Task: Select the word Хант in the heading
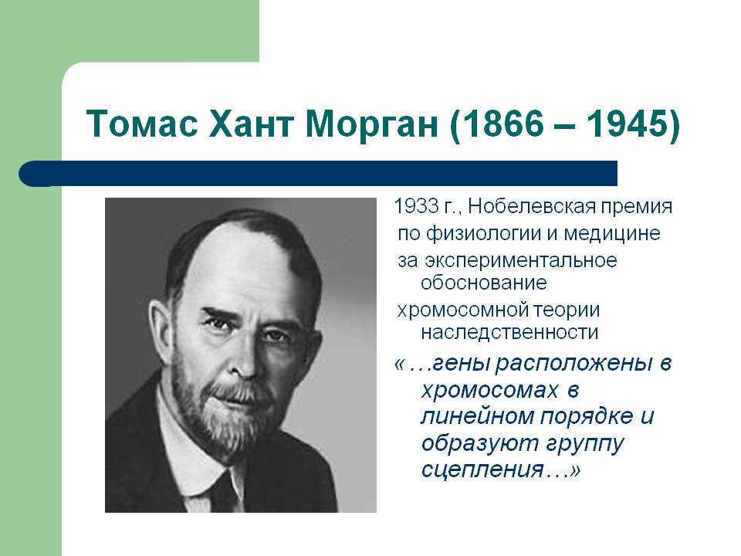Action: click(x=250, y=124)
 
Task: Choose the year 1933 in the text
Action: click(x=416, y=206)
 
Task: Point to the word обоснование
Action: click(x=484, y=283)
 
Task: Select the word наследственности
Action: click(x=509, y=332)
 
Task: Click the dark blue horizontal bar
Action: click(x=318, y=174)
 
